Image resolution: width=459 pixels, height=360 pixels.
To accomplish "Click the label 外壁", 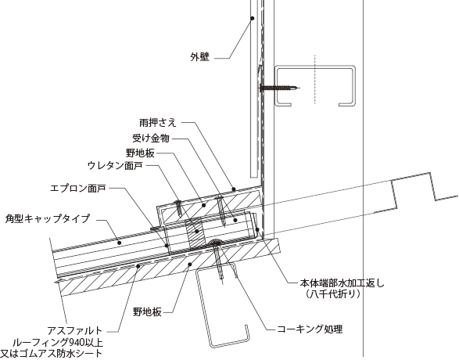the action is click(200, 57).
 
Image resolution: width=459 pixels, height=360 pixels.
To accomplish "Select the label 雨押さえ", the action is click(158, 122).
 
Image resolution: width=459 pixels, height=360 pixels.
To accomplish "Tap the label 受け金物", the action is click(151, 138).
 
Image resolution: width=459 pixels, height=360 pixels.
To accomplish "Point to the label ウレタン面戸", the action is click(115, 166).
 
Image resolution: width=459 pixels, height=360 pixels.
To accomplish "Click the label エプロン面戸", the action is click(78, 188).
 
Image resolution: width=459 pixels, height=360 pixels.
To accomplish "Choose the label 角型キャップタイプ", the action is click(48, 218).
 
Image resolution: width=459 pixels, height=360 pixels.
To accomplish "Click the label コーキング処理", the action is click(310, 329).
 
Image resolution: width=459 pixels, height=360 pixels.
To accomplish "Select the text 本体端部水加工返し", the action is click(342, 283).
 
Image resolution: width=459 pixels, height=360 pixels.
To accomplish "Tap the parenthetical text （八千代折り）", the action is click(332, 293).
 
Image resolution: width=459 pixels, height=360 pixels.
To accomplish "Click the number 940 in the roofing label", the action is click(77, 342).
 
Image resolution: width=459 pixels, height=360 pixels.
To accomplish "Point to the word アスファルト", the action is click(74, 331).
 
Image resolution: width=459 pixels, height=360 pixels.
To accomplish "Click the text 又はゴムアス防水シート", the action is click(52, 353).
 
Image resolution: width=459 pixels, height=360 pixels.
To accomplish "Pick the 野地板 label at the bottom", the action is click(147, 312).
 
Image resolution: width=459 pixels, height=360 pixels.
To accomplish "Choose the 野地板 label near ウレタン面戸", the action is click(140, 153).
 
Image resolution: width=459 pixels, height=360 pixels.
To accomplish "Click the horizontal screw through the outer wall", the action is click(280, 88).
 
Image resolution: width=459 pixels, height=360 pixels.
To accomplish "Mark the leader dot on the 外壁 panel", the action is click(252, 18).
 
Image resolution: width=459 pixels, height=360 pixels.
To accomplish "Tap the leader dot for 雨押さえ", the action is click(234, 189).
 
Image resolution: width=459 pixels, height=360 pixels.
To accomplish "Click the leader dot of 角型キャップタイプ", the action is click(120, 243).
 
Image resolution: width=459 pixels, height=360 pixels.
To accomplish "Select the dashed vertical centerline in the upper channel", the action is click(315, 79).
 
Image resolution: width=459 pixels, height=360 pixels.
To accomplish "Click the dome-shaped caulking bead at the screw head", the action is click(216, 242).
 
